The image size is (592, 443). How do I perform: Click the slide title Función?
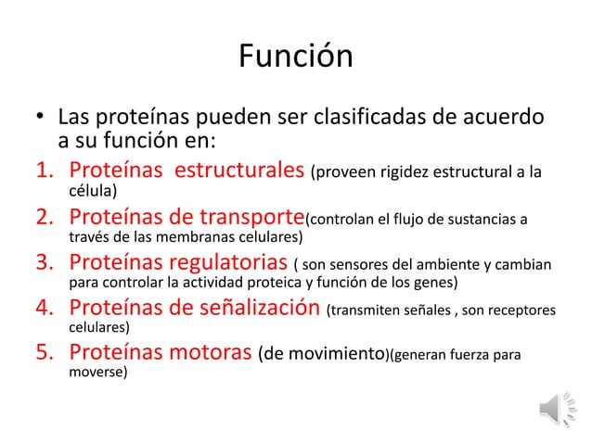tap(295, 57)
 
